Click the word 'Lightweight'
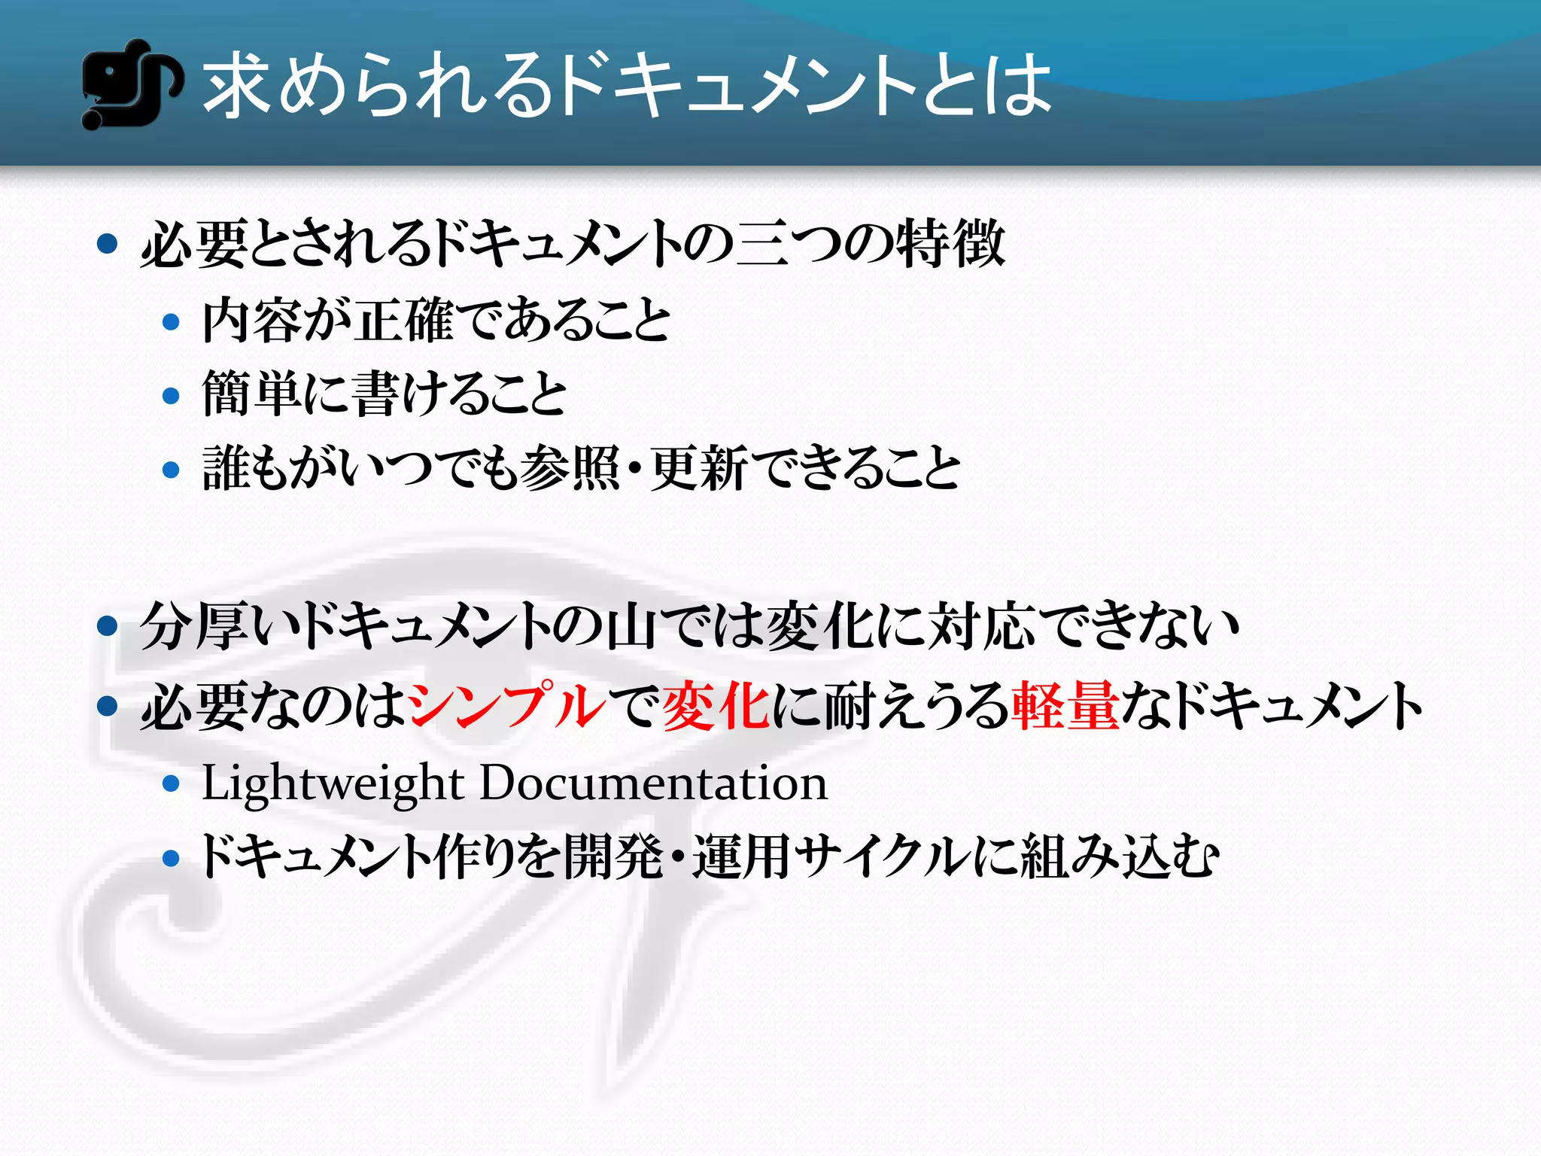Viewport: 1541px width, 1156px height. pyautogui.click(x=332, y=783)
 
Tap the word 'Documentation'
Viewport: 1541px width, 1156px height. pyautogui.click(x=653, y=783)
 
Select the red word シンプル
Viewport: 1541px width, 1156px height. pyautogui.click(x=506, y=705)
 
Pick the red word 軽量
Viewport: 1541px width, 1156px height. pyautogui.click(x=1065, y=705)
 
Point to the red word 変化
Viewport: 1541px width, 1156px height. pyautogui.click(x=716, y=705)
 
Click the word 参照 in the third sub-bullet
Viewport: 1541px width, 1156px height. pyautogui.click(x=570, y=468)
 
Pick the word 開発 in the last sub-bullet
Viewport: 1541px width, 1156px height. pyautogui.click(x=613, y=856)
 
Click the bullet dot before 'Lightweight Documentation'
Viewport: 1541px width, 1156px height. pyautogui.click(x=172, y=783)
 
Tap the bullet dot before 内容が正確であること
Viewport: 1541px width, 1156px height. pyautogui.click(x=172, y=322)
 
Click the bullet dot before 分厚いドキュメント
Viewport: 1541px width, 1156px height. pyautogui.click(x=108, y=626)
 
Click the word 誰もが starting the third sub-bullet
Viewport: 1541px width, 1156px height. pyautogui.click(x=266, y=468)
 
